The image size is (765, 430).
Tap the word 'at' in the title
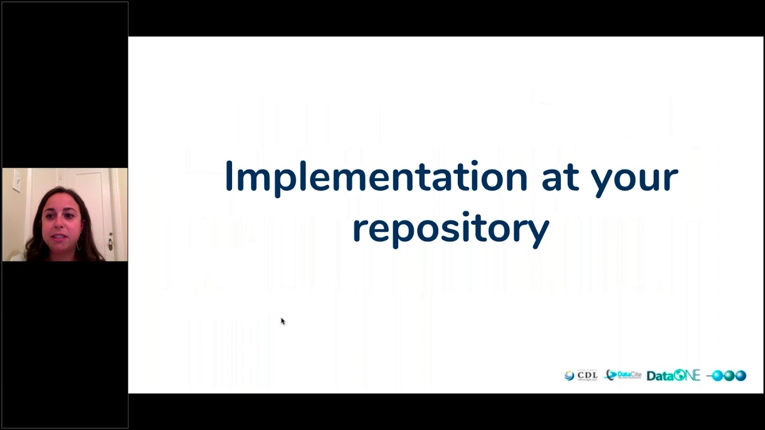[559, 177]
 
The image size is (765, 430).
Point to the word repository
[450, 229]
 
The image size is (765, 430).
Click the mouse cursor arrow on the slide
[282, 321]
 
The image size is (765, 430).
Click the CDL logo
[581, 376]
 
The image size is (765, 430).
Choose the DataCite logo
[623, 376]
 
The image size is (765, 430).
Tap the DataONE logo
[673, 376]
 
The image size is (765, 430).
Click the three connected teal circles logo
[727, 376]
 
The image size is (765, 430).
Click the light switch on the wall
[17, 180]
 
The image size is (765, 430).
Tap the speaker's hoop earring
[78, 245]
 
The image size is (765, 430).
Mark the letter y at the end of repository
[540, 232]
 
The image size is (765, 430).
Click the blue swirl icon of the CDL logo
[569, 376]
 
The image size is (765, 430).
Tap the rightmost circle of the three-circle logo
[740, 376]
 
